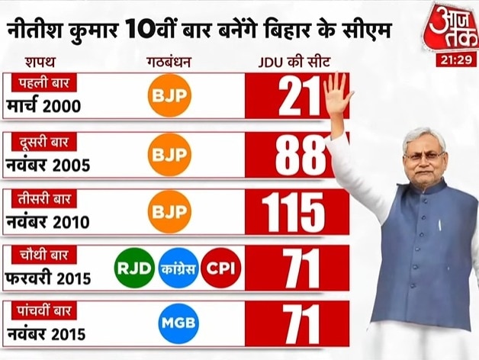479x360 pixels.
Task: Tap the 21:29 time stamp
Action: tap(456, 60)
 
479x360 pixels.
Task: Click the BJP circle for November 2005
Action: tap(169, 155)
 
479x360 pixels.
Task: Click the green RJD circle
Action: tap(134, 268)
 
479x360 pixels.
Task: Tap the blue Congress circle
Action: tap(178, 268)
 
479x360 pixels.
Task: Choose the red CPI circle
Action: tap(221, 268)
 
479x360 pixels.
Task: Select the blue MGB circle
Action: tap(178, 324)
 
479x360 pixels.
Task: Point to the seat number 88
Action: tap(297, 156)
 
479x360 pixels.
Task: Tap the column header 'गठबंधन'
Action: tap(169, 61)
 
